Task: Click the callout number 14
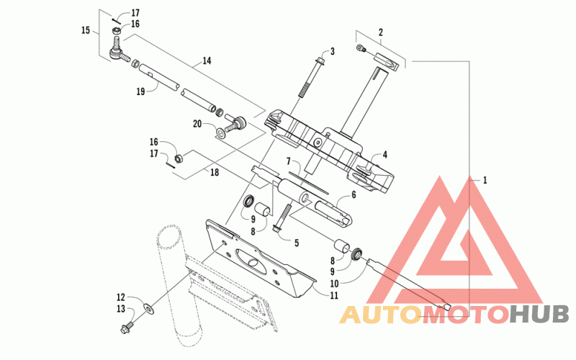tap(207, 60)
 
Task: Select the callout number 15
tap(86, 30)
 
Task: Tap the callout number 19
tap(140, 91)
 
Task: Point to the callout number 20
tap(197, 124)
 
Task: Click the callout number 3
tap(332, 51)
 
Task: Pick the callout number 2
tap(381, 32)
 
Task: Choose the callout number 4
tap(385, 155)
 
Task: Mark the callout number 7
tap(289, 161)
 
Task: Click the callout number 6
tap(354, 194)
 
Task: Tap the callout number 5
tap(297, 243)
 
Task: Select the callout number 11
tap(334, 295)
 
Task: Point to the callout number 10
tap(334, 284)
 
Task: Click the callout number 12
tap(121, 297)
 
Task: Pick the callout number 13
tap(121, 309)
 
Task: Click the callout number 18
tap(214, 172)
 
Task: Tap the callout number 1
tap(485, 180)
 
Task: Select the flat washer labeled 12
tap(150, 308)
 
